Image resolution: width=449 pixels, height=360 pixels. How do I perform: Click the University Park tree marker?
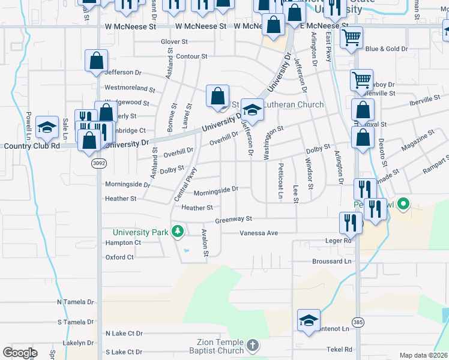pyautogui.click(x=177, y=231)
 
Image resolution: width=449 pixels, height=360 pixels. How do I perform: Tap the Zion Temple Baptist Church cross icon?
pyautogui.click(x=253, y=345)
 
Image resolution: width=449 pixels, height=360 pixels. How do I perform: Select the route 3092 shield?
pyautogui.click(x=99, y=163)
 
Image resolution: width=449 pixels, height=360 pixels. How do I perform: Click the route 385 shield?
pyautogui.click(x=358, y=323)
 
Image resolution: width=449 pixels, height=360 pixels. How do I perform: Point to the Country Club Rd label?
pyautogui.click(x=32, y=146)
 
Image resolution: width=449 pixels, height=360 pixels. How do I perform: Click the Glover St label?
pyautogui.click(x=175, y=42)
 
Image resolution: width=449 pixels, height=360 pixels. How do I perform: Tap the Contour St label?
pyautogui.click(x=191, y=56)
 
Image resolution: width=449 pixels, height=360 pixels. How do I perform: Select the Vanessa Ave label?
pyautogui.click(x=259, y=233)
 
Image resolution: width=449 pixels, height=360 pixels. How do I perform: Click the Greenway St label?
pyautogui.click(x=233, y=220)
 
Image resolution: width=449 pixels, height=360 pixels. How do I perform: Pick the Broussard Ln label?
pyautogui.click(x=331, y=262)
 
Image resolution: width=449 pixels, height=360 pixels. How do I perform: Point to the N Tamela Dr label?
pyautogui.click(x=76, y=302)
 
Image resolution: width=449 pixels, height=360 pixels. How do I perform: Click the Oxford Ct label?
pyautogui.click(x=119, y=257)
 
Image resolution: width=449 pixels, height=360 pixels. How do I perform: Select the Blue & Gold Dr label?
pyautogui.click(x=387, y=49)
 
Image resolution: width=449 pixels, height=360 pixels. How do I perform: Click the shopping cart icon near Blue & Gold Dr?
pyautogui.click(x=351, y=37)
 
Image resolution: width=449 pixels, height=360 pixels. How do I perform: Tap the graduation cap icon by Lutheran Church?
pyautogui.click(x=253, y=110)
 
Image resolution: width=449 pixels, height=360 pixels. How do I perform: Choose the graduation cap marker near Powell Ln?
pyautogui.click(x=47, y=127)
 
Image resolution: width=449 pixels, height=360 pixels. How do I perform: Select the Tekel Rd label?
pyautogui.click(x=339, y=349)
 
